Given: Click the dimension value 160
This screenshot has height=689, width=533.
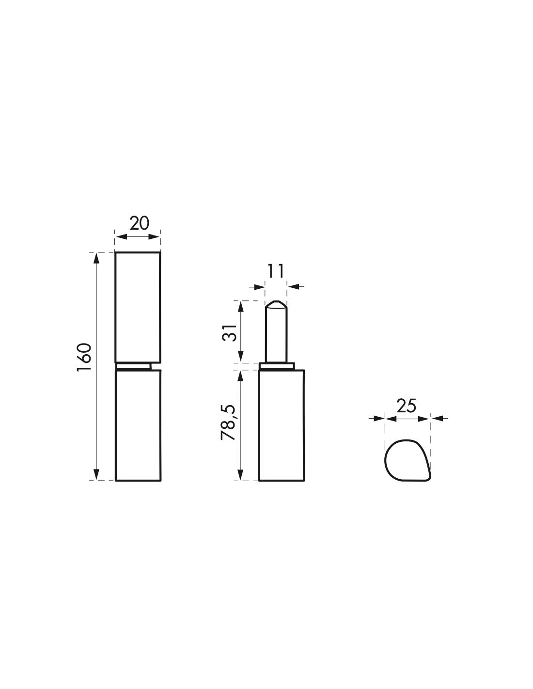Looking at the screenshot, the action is coord(84,357).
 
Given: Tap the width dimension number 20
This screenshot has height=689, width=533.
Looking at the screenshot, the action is coord(139,223).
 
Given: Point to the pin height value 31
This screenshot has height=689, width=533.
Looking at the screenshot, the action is coord(230,332).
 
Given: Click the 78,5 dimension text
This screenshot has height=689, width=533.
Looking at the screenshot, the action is coord(229,422).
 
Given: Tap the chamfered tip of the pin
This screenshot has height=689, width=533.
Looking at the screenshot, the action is coord(276,305).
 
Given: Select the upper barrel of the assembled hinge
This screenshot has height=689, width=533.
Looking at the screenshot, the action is coord(138,307).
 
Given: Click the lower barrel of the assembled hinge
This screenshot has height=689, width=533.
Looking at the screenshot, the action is coord(138,425).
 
